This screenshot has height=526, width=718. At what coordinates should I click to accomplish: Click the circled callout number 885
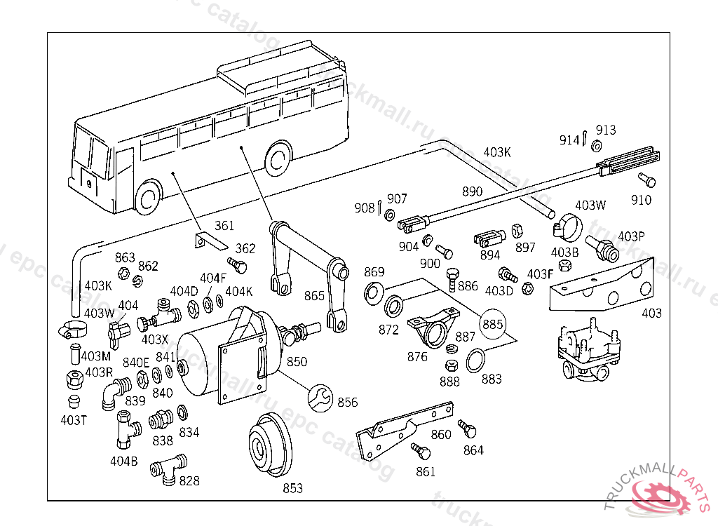[x=492, y=324]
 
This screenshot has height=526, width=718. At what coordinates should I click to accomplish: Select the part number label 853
[x=292, y=488]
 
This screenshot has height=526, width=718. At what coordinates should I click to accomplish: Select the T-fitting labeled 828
[x=168, y=468]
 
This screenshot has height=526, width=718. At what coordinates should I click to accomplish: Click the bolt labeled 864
[x=466, y=428]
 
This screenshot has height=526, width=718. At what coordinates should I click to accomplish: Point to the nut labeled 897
[x=517, y=231]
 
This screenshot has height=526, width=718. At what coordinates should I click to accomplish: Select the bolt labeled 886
[x=453, y=279]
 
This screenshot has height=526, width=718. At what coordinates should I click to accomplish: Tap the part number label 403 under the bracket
[x=651, y=313]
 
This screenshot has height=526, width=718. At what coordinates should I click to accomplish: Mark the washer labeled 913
[x=596, y=146]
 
